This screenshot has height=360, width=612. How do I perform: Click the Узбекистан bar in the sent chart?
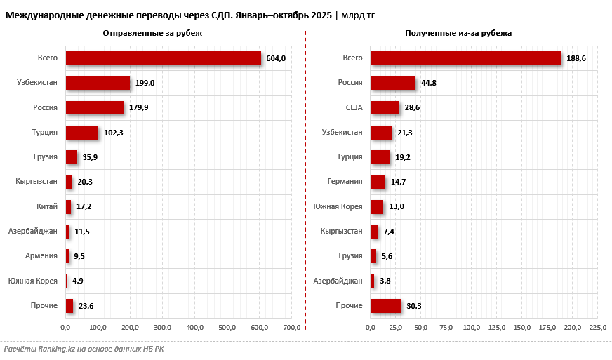[x=98, y=83]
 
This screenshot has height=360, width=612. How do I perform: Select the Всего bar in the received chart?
[x=465, y=58]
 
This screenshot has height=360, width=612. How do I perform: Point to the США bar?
[x=385, y=107]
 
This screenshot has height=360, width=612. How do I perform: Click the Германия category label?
[x=345, y=182]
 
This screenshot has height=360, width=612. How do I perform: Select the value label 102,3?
[x=114, y=133]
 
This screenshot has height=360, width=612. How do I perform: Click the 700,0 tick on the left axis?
[x=292, y=328]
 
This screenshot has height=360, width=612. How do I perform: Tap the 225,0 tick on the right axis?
[x=598, y=328]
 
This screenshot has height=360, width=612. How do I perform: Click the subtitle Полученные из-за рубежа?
[x=458, y=33]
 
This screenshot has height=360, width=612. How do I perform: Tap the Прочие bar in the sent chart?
[x=69, y=305]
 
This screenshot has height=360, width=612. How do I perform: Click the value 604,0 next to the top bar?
[x=276, y=58]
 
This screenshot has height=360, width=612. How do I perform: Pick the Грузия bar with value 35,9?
[x=71, y=157]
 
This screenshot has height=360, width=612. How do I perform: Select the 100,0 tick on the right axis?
[x=472, y=328]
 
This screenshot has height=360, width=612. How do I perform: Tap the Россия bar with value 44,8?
[x=392, y=83]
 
